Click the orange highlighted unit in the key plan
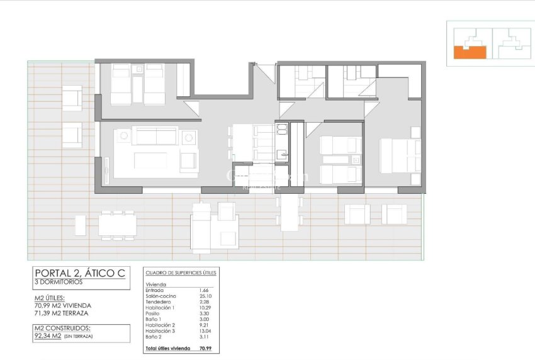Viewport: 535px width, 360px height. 470,52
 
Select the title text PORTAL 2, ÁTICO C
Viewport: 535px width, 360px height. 80,273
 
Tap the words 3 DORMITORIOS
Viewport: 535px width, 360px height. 59,282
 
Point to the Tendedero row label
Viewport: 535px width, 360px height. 157,301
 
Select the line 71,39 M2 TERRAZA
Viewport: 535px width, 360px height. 61,313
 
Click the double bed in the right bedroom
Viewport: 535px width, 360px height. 400,155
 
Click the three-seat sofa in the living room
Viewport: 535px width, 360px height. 154,135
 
